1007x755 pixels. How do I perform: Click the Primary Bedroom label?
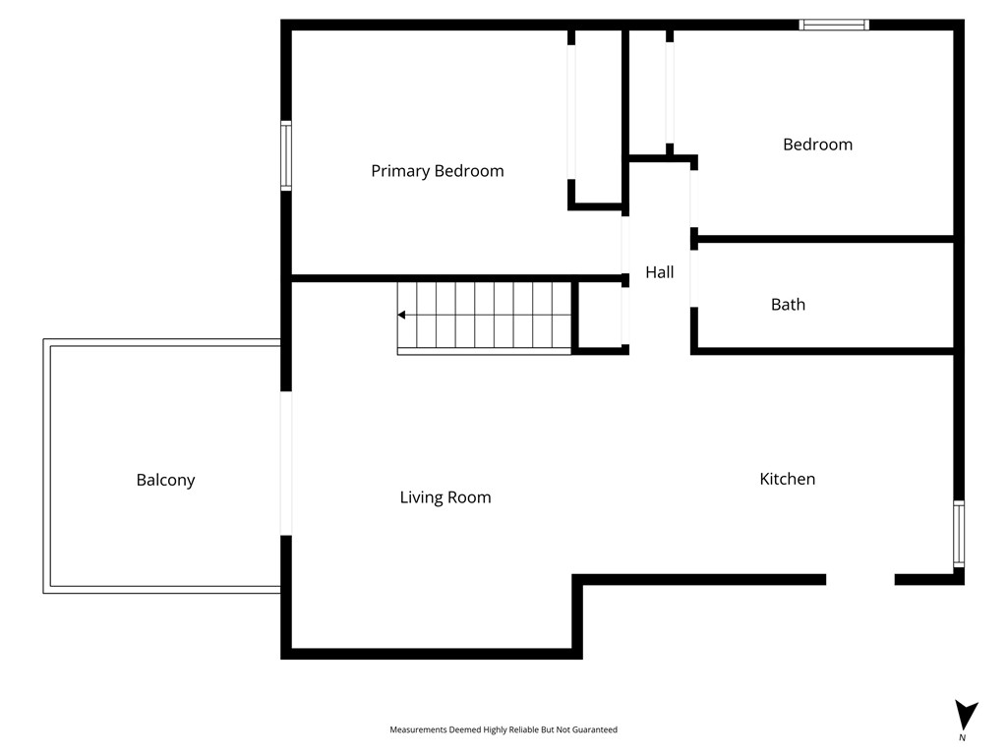(x=438, y=171)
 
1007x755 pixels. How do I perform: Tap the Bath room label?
(x=788, y=305)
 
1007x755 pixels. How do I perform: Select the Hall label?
(x=660, y=272)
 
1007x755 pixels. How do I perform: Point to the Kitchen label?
(x=788, y=479)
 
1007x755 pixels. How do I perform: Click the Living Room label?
(x=445, y=497)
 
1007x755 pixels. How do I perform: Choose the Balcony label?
(x=165, y=480)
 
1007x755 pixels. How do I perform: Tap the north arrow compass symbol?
(x=966, y=715)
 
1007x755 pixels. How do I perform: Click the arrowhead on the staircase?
(x=401, y=315)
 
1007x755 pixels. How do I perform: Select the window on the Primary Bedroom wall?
(x=286, y=156)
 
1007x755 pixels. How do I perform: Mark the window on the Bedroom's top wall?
(x=834, y=25)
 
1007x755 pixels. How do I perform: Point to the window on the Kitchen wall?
(x=959, y=534)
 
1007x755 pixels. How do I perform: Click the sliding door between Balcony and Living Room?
(x=286, y=463)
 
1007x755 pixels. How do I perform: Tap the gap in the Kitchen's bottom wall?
(x=860, y=580)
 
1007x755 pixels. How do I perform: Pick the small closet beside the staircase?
(x=600, y=316)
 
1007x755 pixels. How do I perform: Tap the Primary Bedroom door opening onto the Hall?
(x=624, y=245)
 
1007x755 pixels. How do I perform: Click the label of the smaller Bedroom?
(x=817, y=145)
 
